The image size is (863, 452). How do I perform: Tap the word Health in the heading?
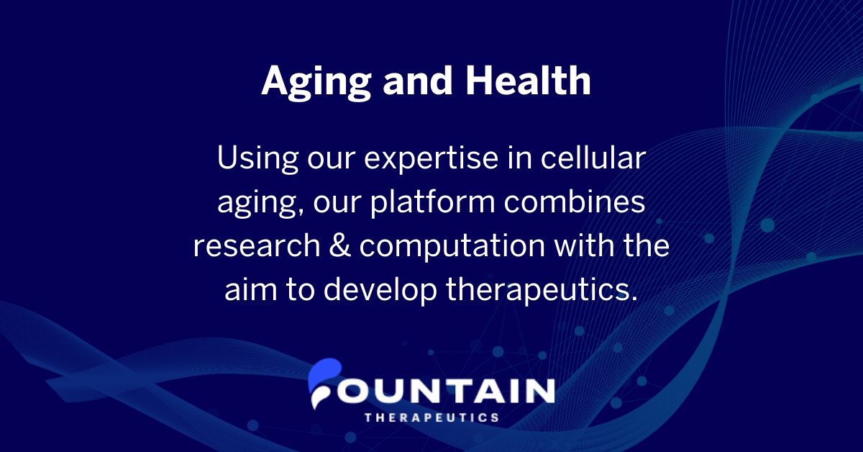(528, 81)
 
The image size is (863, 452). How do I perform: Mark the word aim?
(249, 289)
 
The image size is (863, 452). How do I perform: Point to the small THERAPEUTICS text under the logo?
(431, 417)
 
